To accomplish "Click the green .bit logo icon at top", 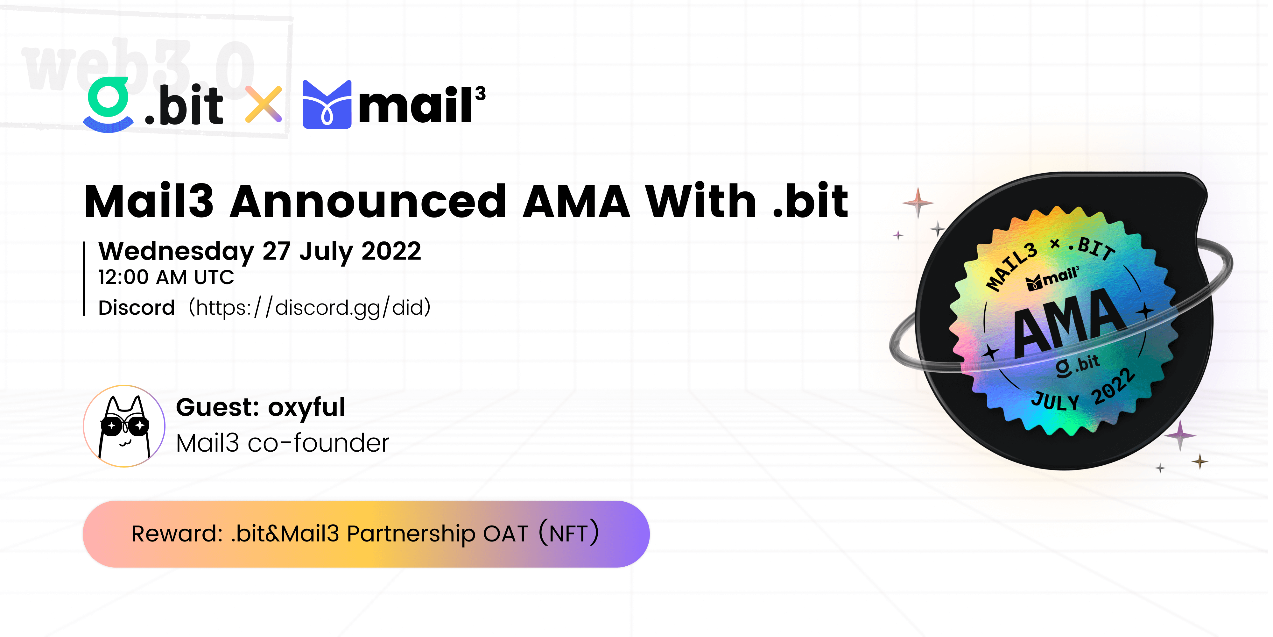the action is coord(108,105).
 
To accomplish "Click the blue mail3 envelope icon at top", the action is coord(327,104).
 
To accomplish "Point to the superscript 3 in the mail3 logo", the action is coord(480,93).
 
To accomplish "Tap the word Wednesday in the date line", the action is coord(176,252).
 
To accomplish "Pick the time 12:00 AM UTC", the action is coord(166,277).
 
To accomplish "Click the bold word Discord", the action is coord(137,308).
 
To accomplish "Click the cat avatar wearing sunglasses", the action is coord(124,426).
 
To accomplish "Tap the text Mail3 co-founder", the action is coord(283,443).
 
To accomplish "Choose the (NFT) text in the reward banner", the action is coord(568,533).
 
